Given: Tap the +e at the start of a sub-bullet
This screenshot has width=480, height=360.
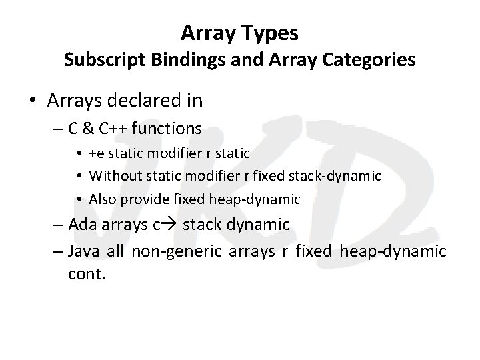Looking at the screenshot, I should pos(97,154).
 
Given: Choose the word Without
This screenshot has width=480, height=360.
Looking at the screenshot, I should pos(112,176).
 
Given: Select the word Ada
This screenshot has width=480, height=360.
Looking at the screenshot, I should pos(85,224).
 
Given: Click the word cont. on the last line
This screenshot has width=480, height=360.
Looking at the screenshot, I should pos(87,273).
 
